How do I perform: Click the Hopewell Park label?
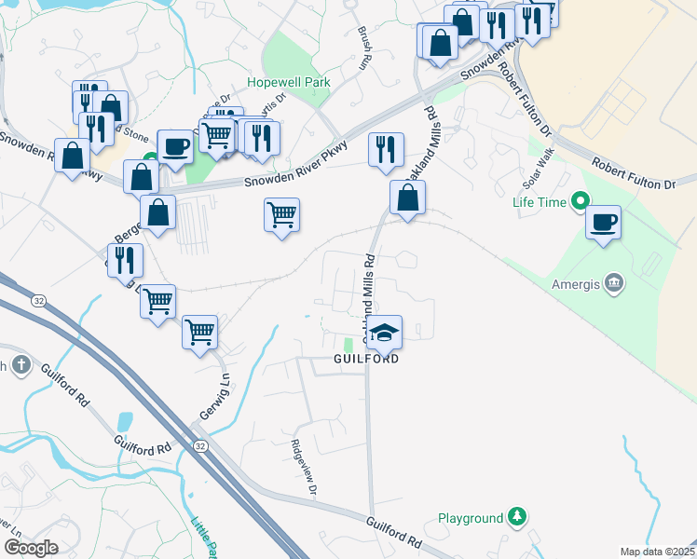point(289,83)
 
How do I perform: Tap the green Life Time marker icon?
point(581,200)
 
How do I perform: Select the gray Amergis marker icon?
point(614,281)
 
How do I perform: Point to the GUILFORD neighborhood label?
point(367,359)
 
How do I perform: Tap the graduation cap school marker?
point(384,331)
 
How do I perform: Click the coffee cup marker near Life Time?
point(604,223)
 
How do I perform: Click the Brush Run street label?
point(363,47)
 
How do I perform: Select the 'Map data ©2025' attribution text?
point(657,552)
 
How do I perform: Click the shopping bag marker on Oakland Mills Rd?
point(407,198)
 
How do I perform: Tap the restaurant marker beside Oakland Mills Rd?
point(385,150)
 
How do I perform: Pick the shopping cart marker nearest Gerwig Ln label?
point(200,331)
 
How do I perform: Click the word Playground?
point(471,517)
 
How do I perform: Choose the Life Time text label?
point(540,200)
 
